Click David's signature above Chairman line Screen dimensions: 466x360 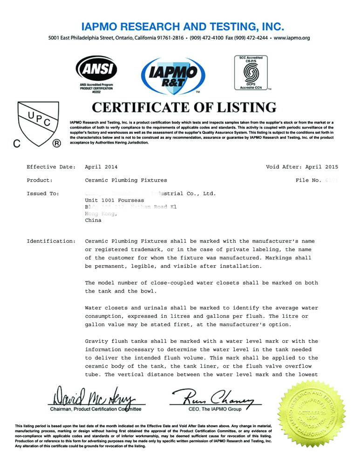tap(96, 396)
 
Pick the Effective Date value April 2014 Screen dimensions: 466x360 tap(102, 167)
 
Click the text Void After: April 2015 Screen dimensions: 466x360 tap(302, 167)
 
